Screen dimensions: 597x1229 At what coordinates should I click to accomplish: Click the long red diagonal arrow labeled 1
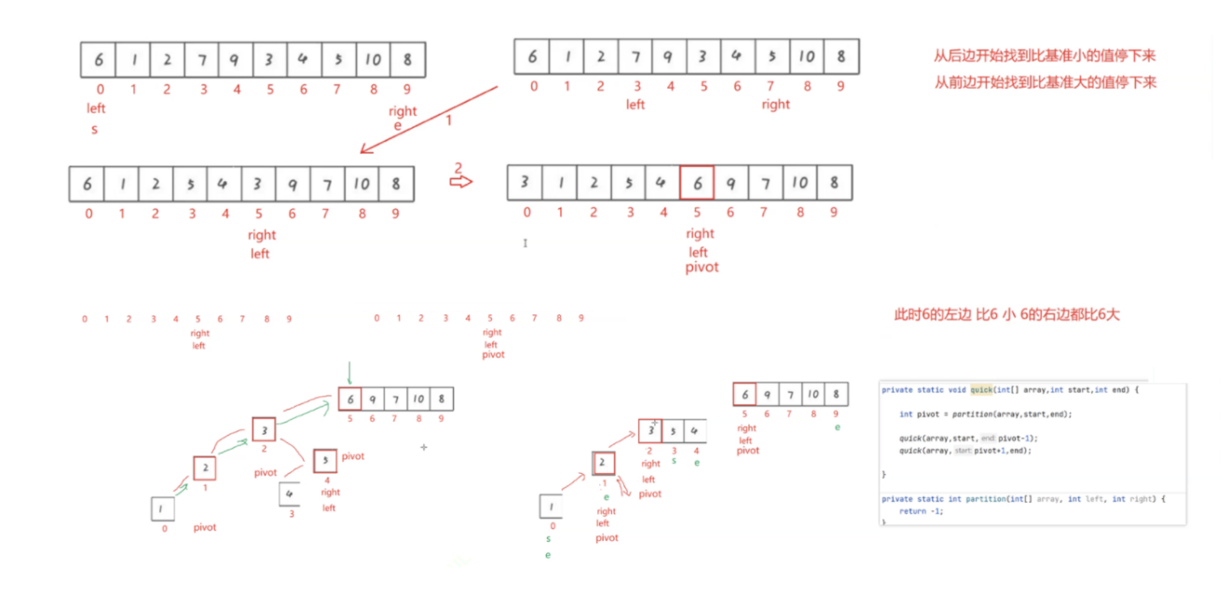tap(429, 118)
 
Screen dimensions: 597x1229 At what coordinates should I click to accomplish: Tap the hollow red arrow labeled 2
tap(460, 181)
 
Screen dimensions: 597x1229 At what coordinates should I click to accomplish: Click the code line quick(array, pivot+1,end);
tap(965, 451)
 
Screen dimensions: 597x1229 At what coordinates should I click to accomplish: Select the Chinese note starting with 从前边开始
tap(1045, 82)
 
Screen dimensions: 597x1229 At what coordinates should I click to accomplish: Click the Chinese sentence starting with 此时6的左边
tap(1006, 314)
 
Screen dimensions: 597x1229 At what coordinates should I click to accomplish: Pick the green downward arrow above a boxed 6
tap(349, 373)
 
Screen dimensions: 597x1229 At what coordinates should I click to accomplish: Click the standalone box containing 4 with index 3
tap(290, 493)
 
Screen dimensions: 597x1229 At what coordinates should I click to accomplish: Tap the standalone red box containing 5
tap(324, 460)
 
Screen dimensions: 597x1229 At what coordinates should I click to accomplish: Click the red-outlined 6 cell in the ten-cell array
tap(697, 183)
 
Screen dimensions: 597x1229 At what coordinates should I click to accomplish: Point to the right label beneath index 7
tap(775, 104)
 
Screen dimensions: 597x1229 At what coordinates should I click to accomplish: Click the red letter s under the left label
tap(94, 129)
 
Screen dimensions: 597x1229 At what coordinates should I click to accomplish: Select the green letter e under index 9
tap(838, 427)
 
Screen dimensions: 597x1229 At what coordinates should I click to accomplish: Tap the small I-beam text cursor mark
tap(526, 243)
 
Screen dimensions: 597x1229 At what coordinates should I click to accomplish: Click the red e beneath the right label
tap(398, 126)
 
